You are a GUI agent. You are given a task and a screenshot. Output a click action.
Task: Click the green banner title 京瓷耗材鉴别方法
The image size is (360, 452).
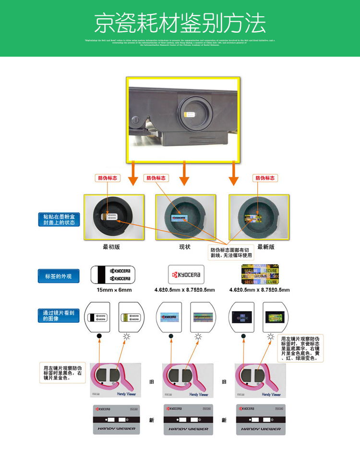(180, 22)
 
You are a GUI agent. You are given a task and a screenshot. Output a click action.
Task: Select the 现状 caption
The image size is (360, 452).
(185, 247)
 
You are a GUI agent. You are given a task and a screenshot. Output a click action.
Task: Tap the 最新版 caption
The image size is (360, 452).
(266, 247)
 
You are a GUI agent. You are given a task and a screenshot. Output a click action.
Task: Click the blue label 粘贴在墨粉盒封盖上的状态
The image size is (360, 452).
(59, 220)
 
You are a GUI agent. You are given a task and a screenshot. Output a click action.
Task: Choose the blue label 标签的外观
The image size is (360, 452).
(59, 276)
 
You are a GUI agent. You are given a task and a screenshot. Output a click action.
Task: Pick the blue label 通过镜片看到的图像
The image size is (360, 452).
(59, 316)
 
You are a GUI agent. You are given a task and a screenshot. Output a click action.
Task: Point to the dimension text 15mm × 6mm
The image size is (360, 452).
(114, 290)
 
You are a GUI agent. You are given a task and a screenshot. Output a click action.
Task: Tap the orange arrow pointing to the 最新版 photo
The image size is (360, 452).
(234, 175)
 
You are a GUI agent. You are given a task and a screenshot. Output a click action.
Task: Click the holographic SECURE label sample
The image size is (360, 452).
(260, 274)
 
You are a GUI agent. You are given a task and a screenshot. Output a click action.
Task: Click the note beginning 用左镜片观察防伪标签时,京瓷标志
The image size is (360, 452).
(301, 348)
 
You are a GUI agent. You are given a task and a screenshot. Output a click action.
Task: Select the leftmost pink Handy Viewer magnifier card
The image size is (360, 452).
(114, 380)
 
